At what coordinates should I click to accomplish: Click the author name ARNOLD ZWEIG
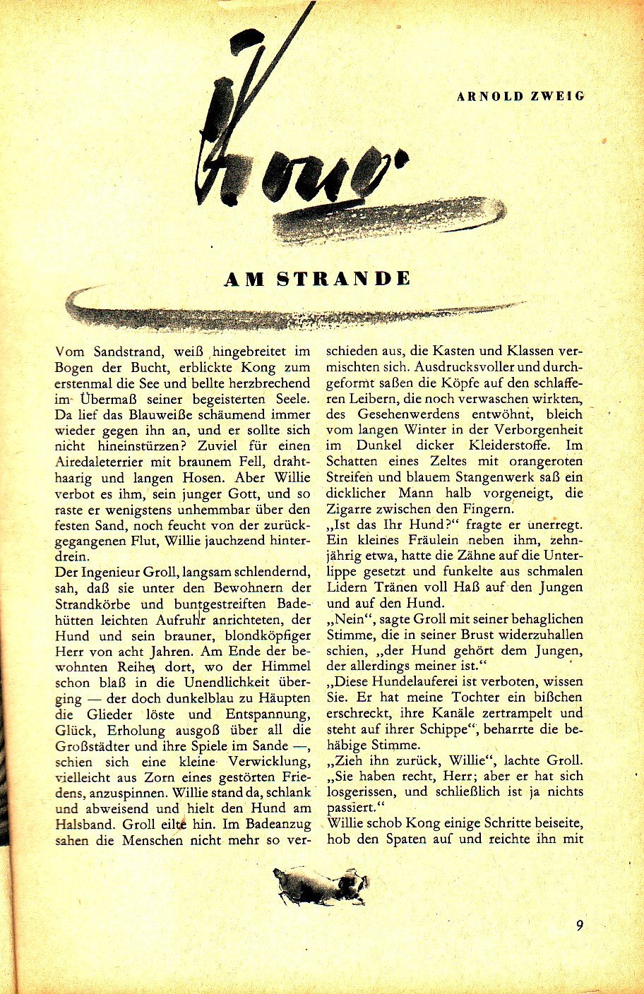[x=520, y=96]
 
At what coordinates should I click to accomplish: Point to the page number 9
[x=579, y=926]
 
